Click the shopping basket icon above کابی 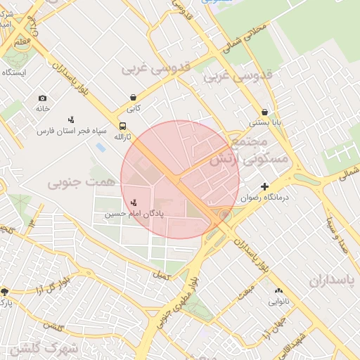point(133,98)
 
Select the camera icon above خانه point(43,98)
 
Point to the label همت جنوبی point(74,183)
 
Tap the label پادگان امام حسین point(134,213)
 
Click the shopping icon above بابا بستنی point(264,112)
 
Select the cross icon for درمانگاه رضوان point(264,186)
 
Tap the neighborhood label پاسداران point(333,280)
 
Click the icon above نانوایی point(278,290)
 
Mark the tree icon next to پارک point(5,291)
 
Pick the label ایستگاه point(14,72)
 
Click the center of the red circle point(180,179)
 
